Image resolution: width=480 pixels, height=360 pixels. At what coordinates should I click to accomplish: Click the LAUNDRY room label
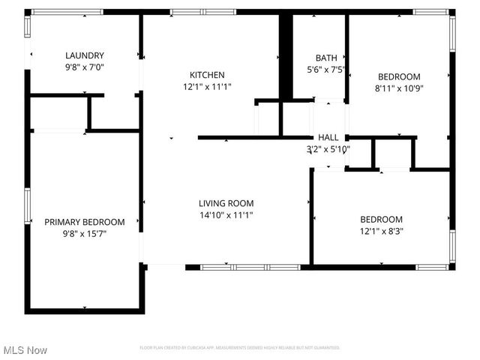(x=84, y=55)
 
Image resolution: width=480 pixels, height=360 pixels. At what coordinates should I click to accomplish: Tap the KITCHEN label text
(x=207, y=75)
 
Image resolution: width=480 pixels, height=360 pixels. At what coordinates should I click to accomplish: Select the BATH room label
(x=326, y=58)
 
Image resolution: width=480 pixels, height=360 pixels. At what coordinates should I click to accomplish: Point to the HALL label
(x=328, y=138)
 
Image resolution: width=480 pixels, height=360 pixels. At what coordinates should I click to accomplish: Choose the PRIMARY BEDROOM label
(x=84, y=222)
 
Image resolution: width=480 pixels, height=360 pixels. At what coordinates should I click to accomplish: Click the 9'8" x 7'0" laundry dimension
(x=84, y=67)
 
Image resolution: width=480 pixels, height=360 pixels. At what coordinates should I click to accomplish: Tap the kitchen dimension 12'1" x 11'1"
(x=207, y=86)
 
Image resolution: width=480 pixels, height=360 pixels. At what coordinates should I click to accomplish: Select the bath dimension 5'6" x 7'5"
(x=326, y=69)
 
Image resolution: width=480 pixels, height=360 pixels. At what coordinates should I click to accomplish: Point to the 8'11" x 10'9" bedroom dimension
(x=398, y=88)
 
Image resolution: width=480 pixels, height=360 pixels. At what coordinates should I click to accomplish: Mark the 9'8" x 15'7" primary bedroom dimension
(x=84, y=233)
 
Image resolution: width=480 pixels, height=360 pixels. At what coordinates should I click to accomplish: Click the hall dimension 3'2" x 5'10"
(x=328, y=149)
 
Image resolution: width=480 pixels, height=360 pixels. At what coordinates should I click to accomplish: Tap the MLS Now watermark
(x=25, y=350)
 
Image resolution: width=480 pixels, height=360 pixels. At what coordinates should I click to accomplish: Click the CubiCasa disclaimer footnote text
(x=240, y=348)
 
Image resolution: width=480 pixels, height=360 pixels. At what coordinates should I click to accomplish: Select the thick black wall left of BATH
(x=285, y=56)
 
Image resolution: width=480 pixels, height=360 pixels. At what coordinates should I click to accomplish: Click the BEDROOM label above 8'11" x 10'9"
(x=398, y=76)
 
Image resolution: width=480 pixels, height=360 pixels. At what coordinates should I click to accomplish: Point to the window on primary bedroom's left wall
(x=28, y=206)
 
